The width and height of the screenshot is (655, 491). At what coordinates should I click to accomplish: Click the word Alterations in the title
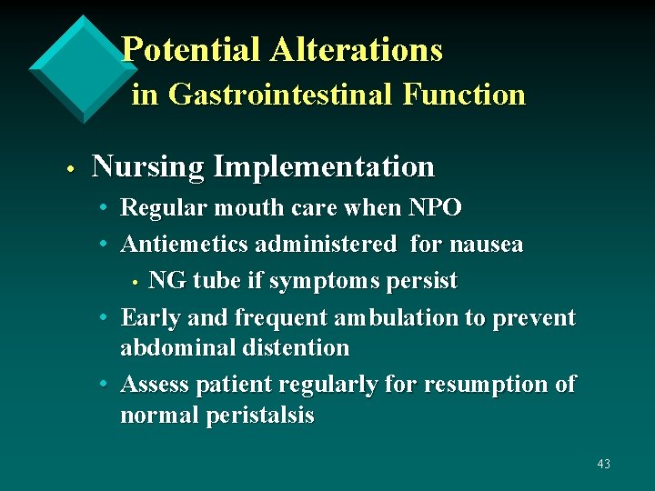[x=357, y=50]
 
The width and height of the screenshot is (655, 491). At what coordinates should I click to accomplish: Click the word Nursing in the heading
[x=147, y=168]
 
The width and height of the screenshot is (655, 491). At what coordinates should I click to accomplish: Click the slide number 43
[x=603, y=464]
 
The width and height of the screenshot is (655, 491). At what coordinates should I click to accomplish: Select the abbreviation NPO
[x=435, y=208]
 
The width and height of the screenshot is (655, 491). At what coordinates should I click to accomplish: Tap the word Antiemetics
[x=185, y=245]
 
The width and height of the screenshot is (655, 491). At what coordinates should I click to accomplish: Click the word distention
[x=293, y=348]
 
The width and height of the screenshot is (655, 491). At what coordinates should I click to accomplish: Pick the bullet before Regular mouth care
[x=106, y=209]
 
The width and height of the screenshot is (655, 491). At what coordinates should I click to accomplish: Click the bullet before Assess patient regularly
[x=106, y=386]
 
